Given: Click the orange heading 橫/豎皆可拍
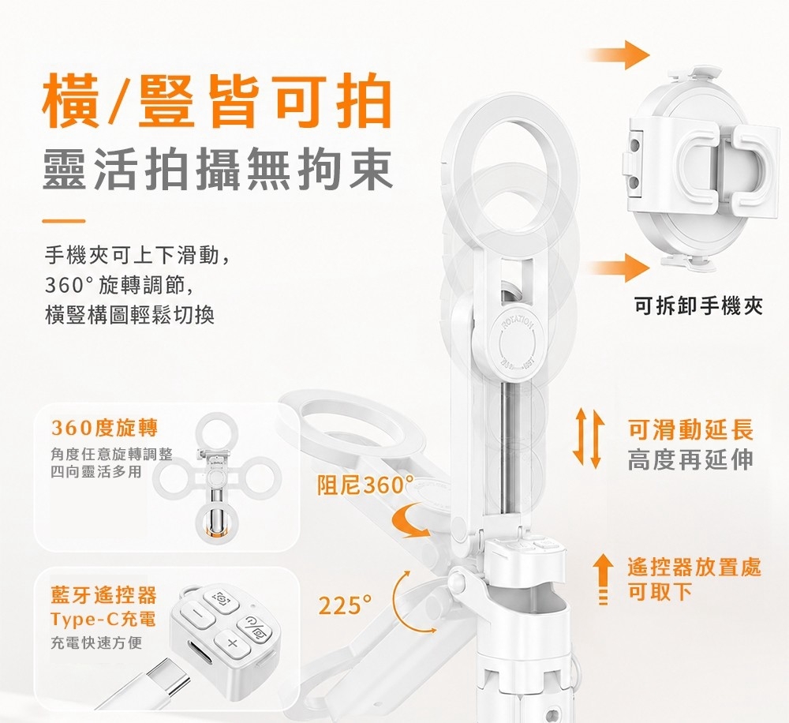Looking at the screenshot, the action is (x=218, y=102).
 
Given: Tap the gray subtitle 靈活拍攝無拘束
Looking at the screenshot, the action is (x=218, y=170).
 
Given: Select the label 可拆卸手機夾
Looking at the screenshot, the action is (x=699, y=305).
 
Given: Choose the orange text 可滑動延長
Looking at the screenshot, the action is (x=691, y=430).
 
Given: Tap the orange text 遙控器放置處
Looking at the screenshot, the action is (x=694, y=568).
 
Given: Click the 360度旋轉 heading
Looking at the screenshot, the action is (x=105, y=428).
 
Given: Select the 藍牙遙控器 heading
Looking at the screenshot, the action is (x=103, y=595).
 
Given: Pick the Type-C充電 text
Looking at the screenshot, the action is (x=103, y=619).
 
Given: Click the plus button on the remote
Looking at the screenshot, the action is (x=232, y=643).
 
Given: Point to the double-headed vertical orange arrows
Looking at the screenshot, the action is (x=588, y=437).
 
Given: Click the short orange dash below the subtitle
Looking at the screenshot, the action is (x=64, y=220).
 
